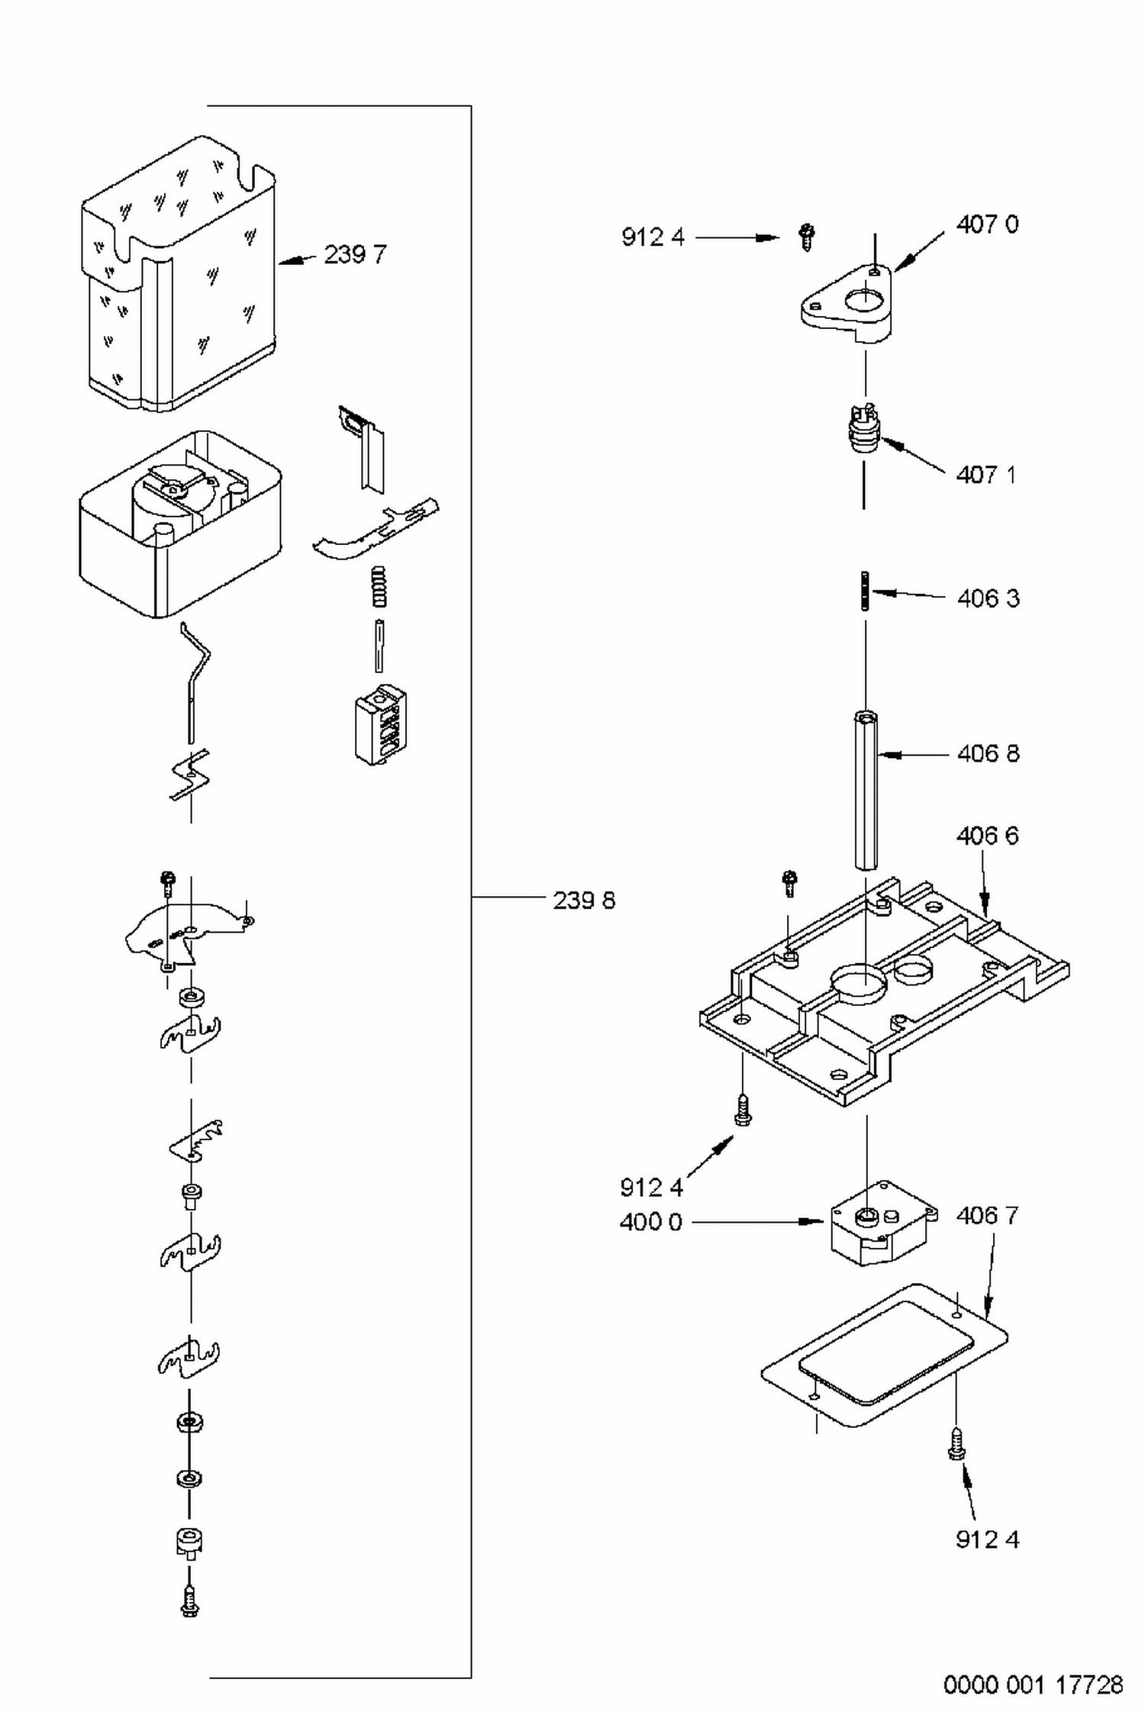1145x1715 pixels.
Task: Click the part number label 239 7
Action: click(355, 254)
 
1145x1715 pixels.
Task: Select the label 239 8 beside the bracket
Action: click(584, 901)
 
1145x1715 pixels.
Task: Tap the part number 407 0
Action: click(987, 224)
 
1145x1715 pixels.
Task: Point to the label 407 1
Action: click(986, 475)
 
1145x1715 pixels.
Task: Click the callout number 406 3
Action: click(989, 598)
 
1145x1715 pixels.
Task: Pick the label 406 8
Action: click(989, 754)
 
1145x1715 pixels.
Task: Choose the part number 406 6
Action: click(988, 836)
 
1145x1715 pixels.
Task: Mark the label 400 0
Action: click(650, 1222)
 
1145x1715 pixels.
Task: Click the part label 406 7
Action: click(988, 1215)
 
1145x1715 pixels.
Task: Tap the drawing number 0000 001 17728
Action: click(1034, 1684)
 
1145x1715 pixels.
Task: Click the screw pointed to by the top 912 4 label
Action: click(807, 237)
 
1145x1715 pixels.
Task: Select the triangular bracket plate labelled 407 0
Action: click(846, 304)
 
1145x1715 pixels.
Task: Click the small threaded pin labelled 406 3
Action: click(865, 592)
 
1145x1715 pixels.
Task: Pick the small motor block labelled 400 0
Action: click(883, 1223)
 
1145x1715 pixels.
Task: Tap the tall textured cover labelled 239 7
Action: click(178, 275)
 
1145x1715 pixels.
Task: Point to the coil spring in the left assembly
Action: click(379, 588)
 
